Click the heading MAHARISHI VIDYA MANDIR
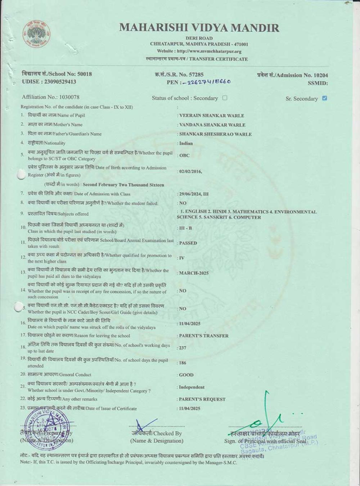coord(199,28)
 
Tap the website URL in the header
coord(199,51)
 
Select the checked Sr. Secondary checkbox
coord(324,98)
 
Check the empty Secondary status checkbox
coord(225,98)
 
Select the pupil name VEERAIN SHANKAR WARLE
coord(211,116)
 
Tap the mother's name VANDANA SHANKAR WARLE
coord(212,125)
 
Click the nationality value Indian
coord(186,143)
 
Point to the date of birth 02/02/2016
coord(190,171)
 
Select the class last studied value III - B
coord(185,228)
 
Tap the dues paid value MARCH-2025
coord(194,273)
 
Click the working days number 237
coord(183,348)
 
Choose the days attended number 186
coord(183,363)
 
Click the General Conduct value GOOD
coord(186,375)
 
